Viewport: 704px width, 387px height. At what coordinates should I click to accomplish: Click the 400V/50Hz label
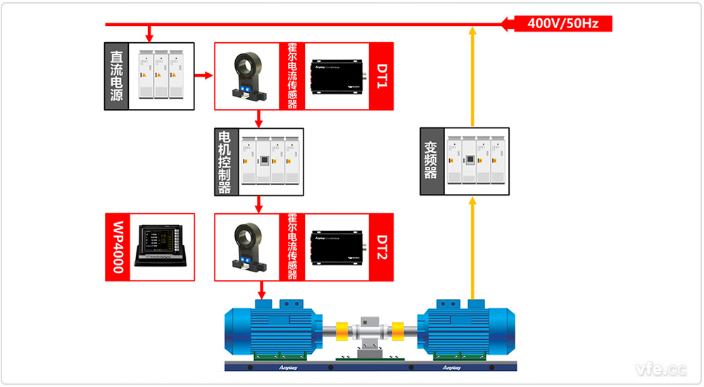[563, 24]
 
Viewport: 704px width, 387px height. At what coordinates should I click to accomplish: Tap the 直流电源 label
[116, 77]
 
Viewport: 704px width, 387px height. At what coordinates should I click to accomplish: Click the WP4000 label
[118, 247]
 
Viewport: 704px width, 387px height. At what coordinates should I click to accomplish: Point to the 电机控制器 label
[225, 162]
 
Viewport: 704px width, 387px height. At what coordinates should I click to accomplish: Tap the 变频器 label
[431, 162]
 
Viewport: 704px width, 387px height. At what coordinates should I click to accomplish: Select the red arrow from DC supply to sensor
[203, 75]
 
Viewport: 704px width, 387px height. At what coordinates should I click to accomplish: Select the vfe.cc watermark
[660, 369]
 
